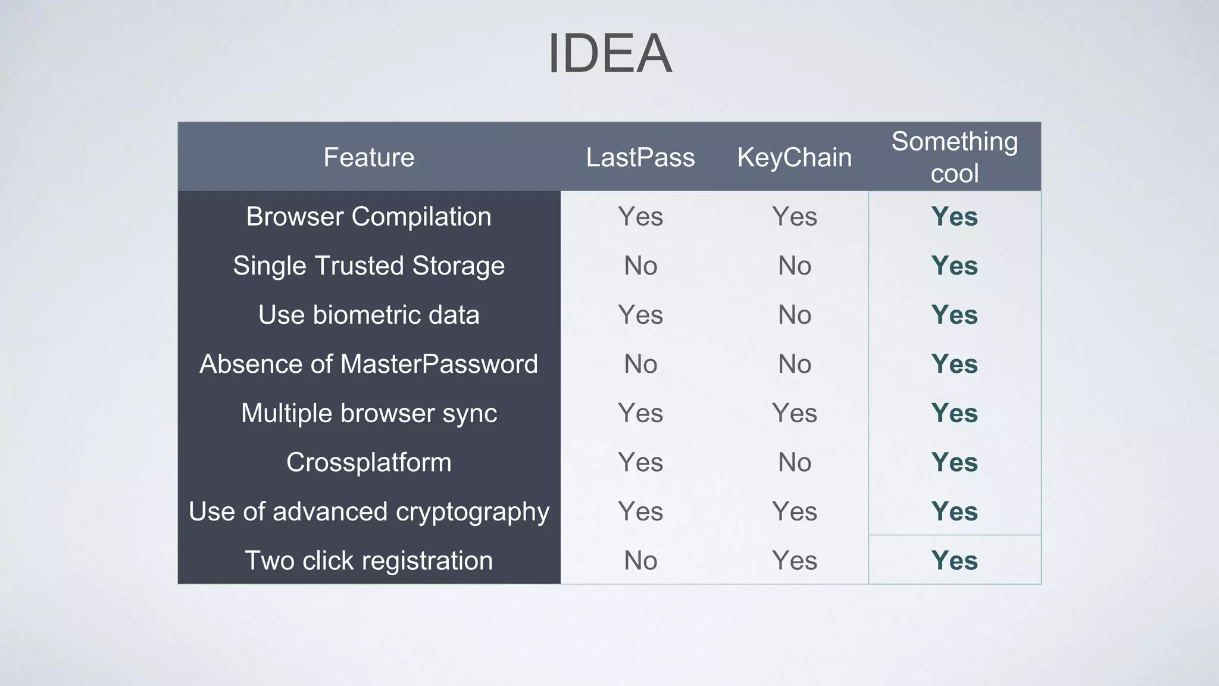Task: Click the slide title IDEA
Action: [x=609, y=54]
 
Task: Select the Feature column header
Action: [x=368, y=157]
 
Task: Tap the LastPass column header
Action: [x=640, y=157]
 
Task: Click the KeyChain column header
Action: [x=794, y=157]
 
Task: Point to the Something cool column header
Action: [x=954, y=157]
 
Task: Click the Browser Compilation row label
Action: [x=368, y=216]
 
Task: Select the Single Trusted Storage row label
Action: [x=368, y=266]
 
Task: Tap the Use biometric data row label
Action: [x=368, y=314]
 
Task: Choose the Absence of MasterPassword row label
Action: [x=368, y=364]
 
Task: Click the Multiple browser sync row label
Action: [x=368, y=413]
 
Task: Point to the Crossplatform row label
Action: [x=368, y=462]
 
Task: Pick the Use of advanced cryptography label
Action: [x=368, y=512]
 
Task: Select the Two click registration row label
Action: [x=368, y=560]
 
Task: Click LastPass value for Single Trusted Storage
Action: [x=640, y=266]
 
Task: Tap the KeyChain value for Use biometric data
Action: [x=794, y=314]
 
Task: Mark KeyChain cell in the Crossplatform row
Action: [x=794, y=462]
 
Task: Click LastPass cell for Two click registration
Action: [x=640, y=560]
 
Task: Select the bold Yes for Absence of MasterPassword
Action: [x=954, y=364]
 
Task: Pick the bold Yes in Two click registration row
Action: [x=954, y=560]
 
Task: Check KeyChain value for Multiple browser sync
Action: [x=794, y=413]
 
